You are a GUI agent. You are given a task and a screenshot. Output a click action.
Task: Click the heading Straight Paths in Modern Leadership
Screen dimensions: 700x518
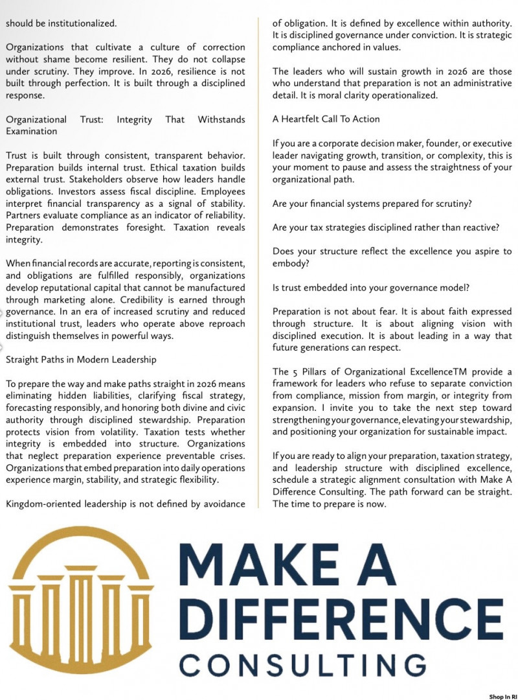[x=81, y=358]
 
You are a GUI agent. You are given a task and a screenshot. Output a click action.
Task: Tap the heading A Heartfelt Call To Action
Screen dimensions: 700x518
[x=326, y=119]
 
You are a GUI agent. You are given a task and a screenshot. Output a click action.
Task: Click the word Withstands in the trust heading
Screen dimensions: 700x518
[x=221, y=119]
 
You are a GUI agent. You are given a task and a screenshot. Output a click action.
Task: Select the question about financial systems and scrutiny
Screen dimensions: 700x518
[x=372, y=203]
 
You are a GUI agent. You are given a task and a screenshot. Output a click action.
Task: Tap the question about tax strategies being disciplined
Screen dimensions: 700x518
[x=390, y=227]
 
